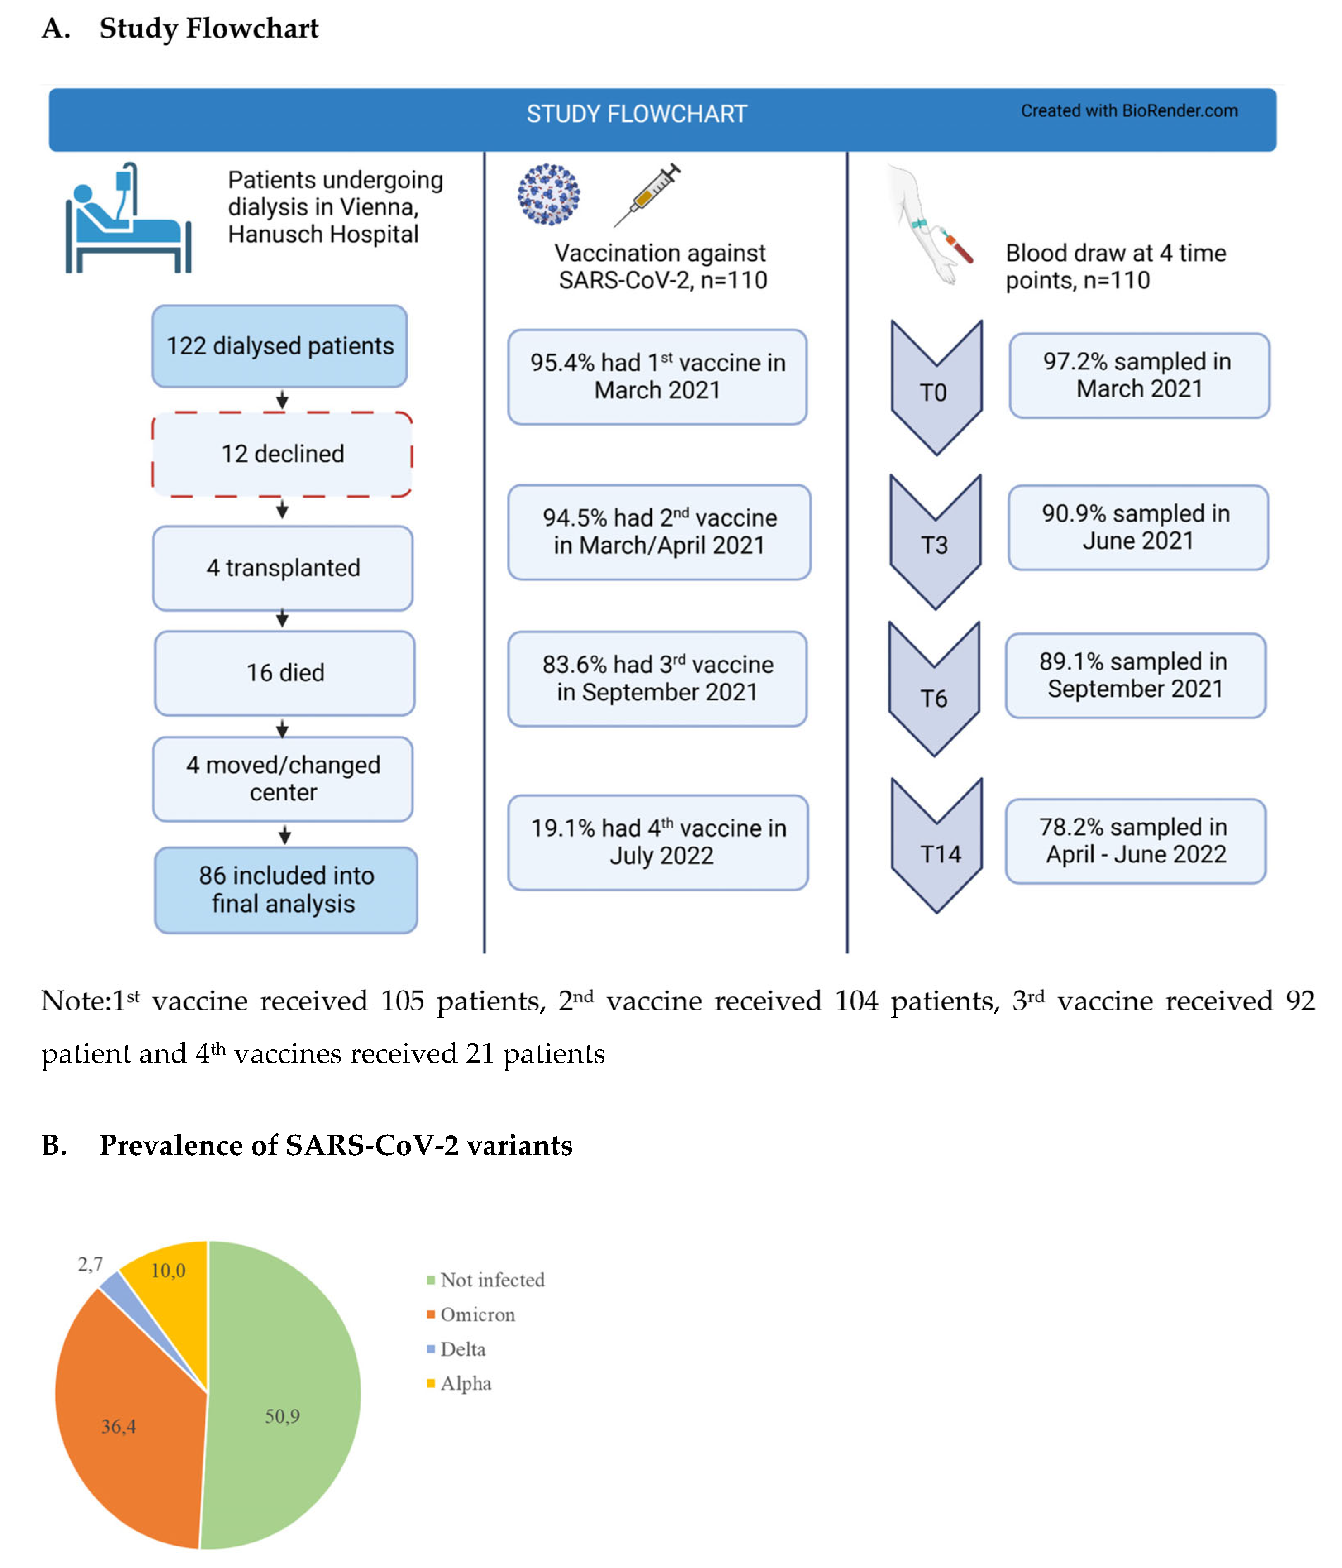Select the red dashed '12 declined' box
282,454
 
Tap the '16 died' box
284,673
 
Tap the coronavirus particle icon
549,194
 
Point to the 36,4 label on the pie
119,1427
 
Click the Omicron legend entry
477,1314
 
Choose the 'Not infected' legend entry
492,1280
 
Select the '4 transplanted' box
283,567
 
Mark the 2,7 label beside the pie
90,1264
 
